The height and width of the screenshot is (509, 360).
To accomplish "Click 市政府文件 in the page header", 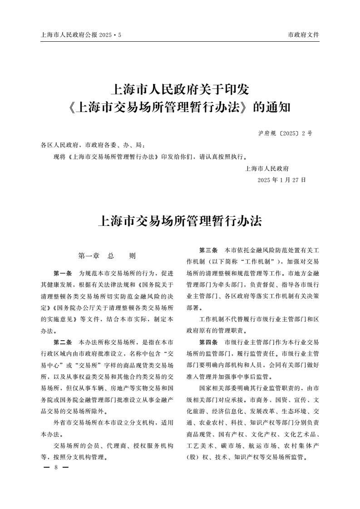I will coord(304,34).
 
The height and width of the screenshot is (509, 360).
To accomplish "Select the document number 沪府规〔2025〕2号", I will coord(285,133).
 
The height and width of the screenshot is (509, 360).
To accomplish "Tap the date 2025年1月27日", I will coord(281,180).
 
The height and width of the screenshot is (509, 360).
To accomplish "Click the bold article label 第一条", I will coord(63,274).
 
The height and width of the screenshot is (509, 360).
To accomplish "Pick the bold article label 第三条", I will coord(208,250).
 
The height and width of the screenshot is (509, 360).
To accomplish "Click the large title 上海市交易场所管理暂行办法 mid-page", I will coord(180,221).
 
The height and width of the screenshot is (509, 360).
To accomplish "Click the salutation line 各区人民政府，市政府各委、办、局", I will coord(93,146).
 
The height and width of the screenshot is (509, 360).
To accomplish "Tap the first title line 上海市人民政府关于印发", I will coord(180,89).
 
